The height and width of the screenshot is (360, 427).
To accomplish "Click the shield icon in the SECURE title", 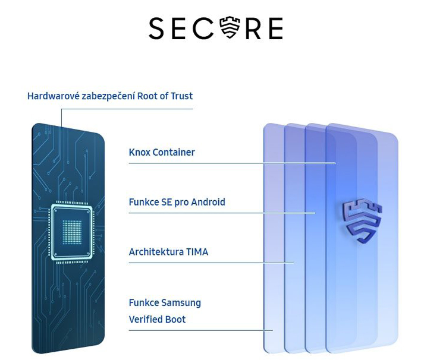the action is click(230, 27).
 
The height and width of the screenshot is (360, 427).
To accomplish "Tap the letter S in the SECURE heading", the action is click(156, 28).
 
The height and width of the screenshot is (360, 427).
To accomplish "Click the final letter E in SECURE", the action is click(275, 29).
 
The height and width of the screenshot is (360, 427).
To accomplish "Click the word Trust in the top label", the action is click(181, 96).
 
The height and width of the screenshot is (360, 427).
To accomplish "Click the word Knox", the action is click(139, 152).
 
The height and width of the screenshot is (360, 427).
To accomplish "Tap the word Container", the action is click(174, 152).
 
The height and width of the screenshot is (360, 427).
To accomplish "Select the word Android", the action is click(208, 202).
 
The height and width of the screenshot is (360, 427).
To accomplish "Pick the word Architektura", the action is click(156, 252).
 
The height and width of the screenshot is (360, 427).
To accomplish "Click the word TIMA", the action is click(197, 252).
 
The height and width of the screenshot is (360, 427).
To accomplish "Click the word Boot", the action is click(175, 319).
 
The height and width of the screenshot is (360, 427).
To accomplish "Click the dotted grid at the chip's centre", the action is click(72, 232).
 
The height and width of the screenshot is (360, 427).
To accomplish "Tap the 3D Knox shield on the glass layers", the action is click(362, 220).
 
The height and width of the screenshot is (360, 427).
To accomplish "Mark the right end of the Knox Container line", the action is click(336, 163).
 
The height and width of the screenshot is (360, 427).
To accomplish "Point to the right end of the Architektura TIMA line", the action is click(294, 263).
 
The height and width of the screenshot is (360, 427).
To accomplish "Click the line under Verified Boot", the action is click(200, 330).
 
